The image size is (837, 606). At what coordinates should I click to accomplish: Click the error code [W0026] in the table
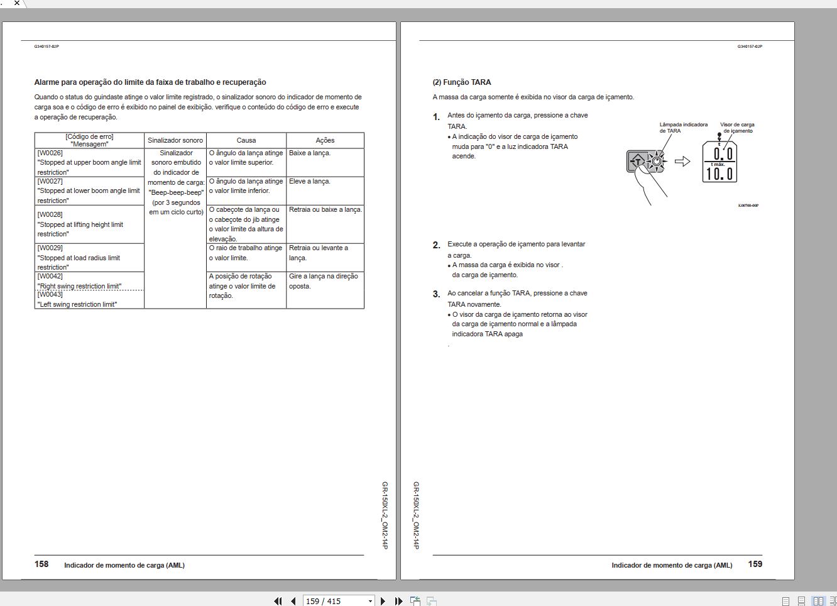point(50,153)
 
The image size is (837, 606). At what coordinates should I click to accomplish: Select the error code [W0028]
point(50,214)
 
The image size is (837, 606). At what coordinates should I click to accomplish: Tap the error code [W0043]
point(50,294)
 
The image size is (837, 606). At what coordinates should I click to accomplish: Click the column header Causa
point(246,140)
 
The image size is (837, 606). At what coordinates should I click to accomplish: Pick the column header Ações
point(325,140)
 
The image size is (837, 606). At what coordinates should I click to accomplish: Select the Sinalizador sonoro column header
point(175,140)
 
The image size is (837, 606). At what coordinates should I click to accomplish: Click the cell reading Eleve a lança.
point(309,181)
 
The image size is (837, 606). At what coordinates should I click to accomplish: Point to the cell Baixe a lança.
point(309,153)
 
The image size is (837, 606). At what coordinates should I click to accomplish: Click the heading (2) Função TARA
point(462,82)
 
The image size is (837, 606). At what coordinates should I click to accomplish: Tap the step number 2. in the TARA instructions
point(436,245)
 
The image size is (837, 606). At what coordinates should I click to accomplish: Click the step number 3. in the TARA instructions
point(436,294)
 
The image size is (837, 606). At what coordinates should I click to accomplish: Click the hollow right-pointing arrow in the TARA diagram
point(682,162)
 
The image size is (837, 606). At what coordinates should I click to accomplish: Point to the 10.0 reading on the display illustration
point(719,174)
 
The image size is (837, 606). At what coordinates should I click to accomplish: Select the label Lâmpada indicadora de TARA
point(683,128)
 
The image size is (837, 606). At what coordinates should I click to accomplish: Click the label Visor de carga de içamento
point(737,128)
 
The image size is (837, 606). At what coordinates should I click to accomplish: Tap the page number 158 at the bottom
point(41,564)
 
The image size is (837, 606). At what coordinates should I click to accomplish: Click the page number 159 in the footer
point(755,564)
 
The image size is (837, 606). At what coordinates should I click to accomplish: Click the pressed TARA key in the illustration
point(638,162)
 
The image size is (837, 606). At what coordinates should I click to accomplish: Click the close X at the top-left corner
point(17,3)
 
